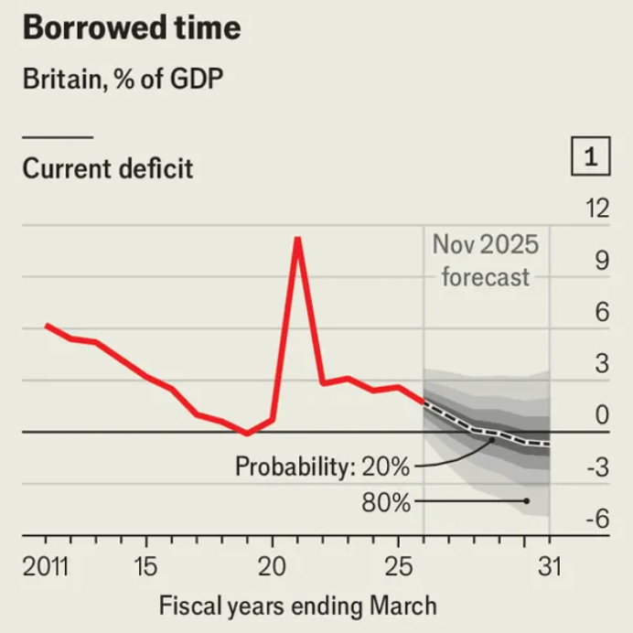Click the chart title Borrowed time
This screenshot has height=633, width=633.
(x=131, y=28)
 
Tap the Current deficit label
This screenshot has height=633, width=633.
(x=108, y=169)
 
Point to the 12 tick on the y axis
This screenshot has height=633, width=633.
(x=595, y=209)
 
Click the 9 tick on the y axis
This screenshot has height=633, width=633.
(x=601, y=262)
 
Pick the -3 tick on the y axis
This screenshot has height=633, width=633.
(x=595, y=469)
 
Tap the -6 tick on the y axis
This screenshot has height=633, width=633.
(x=595, y=520)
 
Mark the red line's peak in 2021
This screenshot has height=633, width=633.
(x=297, y=239)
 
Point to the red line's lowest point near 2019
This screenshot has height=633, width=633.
(x=246, y=434)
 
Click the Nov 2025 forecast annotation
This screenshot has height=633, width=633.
(x=486, y=261)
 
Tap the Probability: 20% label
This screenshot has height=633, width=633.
(x=322, y=467)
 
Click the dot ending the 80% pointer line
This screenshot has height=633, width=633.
(x=526, y=500)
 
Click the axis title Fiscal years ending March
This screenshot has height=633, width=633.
(x=298, y=605)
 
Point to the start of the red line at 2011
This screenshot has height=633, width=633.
(x=47, y=325)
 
